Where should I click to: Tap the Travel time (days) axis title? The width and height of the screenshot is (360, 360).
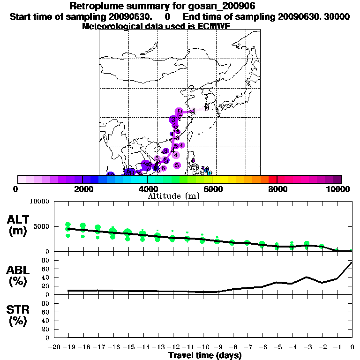pyautogui.click(x=204, y=355)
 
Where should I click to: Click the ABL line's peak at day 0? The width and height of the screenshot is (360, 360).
pyautogui.click(x=352, y=262)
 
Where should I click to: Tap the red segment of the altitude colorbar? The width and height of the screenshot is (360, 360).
pyautogui.click(x=273, y=179)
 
